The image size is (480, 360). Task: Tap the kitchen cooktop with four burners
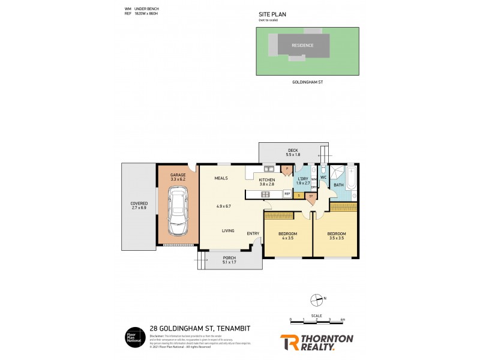pyautogui.click(x=265, y=194)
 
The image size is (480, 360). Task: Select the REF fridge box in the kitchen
pyautogui.click(x=287, y=194)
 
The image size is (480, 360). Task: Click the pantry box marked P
pyautogui.click(x=287, y=169)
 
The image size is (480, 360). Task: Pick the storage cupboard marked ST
pyautogui.click(x=311, y=196)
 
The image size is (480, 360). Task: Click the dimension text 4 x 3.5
pyautogui.click(x=287, y=238)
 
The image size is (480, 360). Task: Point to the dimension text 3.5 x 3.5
pyautogui.click(x=336, y=238)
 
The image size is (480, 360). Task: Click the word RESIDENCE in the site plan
pyautogui.click(x=302, y=45)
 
